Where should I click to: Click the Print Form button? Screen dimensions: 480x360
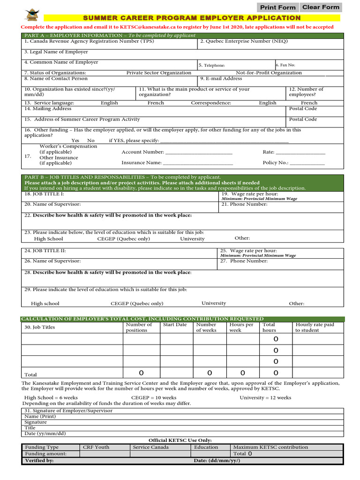[277, 7]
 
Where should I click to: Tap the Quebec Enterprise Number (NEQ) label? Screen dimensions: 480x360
[244, 41]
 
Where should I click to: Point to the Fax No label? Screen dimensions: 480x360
[285, 65]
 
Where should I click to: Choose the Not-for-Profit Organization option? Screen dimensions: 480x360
[269, 73]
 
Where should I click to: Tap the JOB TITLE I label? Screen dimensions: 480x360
[44, 194]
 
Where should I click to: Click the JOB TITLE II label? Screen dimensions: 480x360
[45, 251]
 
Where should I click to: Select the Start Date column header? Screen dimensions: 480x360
[174, 325]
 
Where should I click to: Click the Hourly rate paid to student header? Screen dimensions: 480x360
[315, 327]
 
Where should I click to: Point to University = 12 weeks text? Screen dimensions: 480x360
[265, 398]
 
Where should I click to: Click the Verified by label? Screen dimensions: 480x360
[39, 461]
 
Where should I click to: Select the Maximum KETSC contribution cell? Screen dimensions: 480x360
[270, 447]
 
